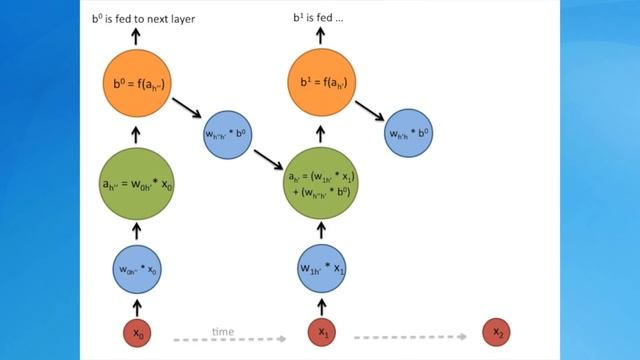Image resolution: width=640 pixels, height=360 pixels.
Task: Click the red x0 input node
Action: (139, 331)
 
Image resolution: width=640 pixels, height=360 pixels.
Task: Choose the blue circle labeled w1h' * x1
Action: (323, 268)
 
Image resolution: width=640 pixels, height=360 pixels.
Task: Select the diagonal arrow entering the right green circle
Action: (268, 157)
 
